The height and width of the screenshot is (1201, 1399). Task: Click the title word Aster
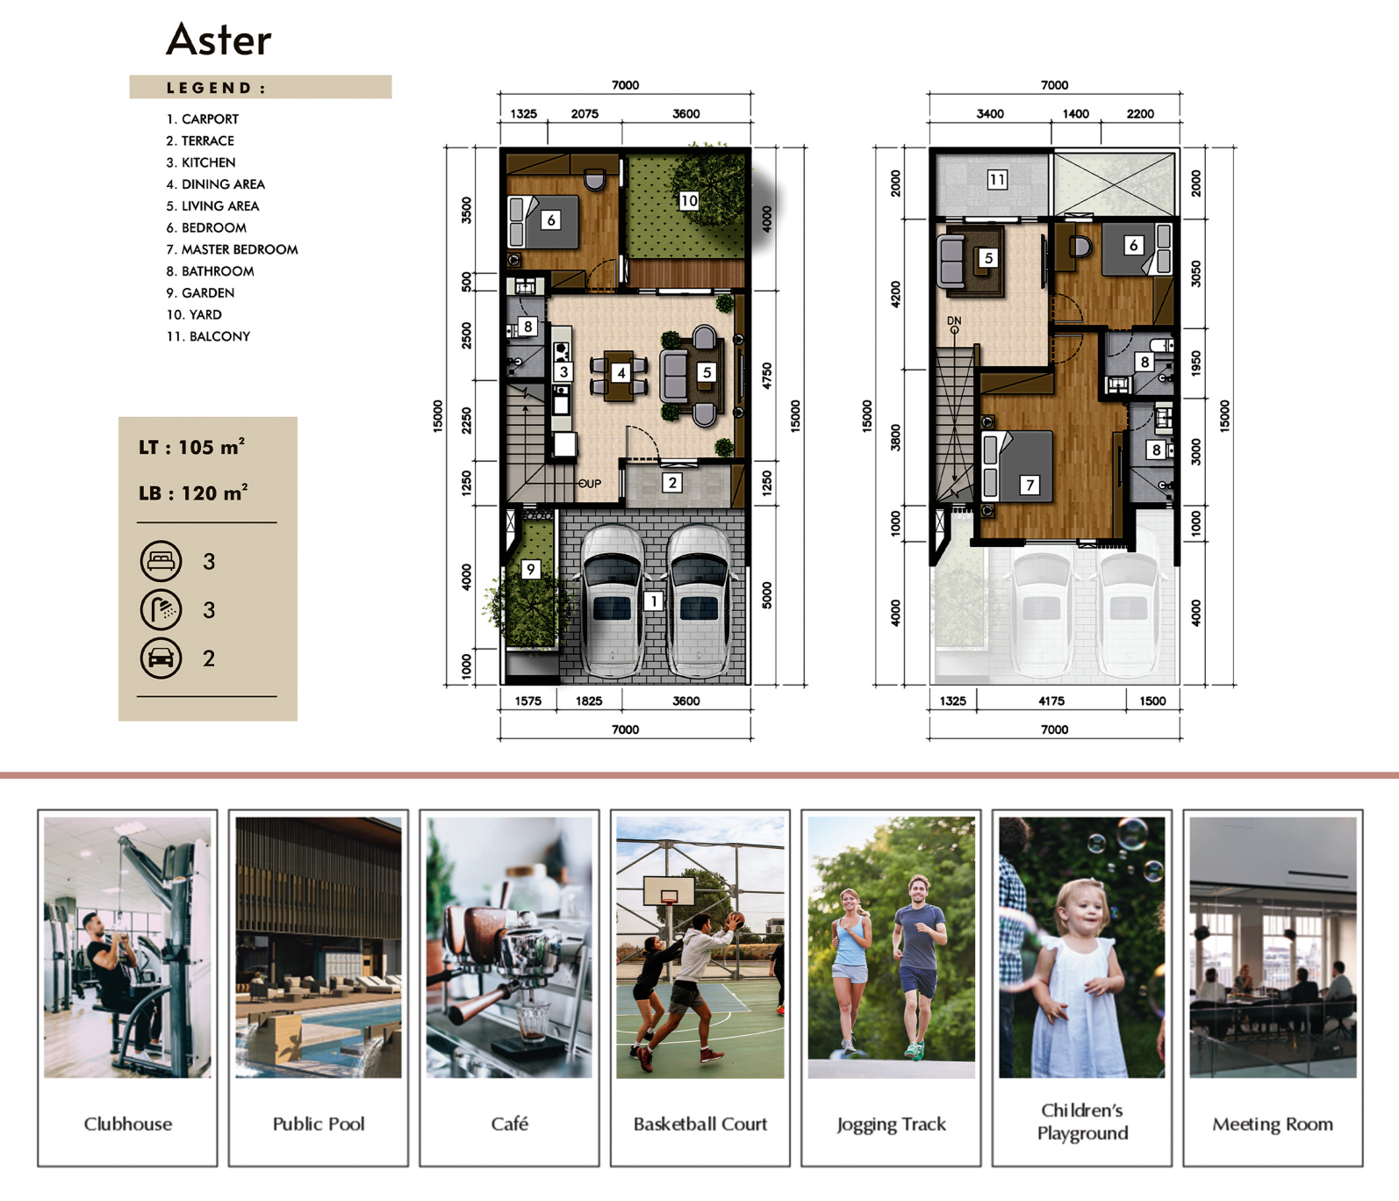pyautogui.click(x=219, y=40)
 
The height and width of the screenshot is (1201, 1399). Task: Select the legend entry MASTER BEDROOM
pyautogui.click(x=240, y=249)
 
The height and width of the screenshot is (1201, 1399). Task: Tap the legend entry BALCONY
pyautogui.click(x=219, y=336)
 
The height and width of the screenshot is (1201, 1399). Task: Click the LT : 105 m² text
pyautogui.click(x=191, y=447)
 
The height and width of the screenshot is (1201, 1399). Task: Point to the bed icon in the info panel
pyautogui.click(x=161, y=561)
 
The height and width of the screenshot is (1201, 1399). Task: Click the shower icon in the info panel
pyautogui.click(x=161, y=609)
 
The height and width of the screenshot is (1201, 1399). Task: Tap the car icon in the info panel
pyautogui.click(x=161, y=658)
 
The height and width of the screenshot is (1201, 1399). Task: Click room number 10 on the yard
pyautogui.click(x=689, y=200)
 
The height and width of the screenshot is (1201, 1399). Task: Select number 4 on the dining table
pyautogui.click(x=621, y=372)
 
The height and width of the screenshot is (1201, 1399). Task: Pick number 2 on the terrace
pyautogui.click(x=672, y=482)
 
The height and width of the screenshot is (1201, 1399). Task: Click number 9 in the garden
pyautogui.click(x=530, y=569)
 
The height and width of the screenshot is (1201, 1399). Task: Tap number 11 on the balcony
pyautogui.click(x=997, y=180)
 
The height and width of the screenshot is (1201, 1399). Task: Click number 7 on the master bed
pyautogui.click(x=1030, y=485)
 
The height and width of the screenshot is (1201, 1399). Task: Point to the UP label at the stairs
pyautogui.click(x=592, y=484)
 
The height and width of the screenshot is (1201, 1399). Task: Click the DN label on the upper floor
pyautogui.click(x=954, y=321)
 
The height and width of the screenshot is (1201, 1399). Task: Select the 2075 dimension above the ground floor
pyautogui.click(x=585, y=113)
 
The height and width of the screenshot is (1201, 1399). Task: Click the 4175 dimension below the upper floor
pyautogui.click(x=1051, y=701)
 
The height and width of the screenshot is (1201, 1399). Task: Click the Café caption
pyautogui.click(x=509, y=1124)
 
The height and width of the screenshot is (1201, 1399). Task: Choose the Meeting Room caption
pyautogui.click(x=1273, y=1124)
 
